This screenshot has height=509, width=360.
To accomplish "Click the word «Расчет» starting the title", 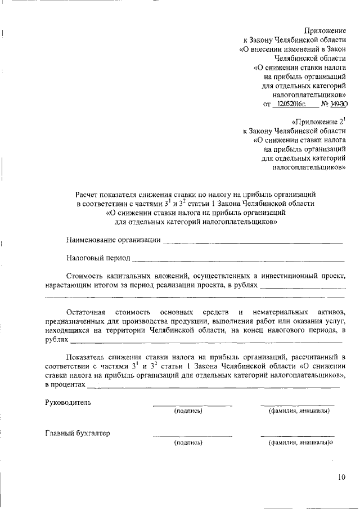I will pos(89,193).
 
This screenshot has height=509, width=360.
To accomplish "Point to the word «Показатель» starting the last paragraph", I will pos(86,357).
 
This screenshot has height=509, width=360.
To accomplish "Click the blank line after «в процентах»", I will pos(214,387).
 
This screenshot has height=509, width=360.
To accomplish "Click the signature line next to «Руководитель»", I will pos(192,405).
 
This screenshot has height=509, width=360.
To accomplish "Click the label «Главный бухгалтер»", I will pos(78,434).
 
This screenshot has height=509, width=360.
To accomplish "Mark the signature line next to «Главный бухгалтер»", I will pos(192,436).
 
